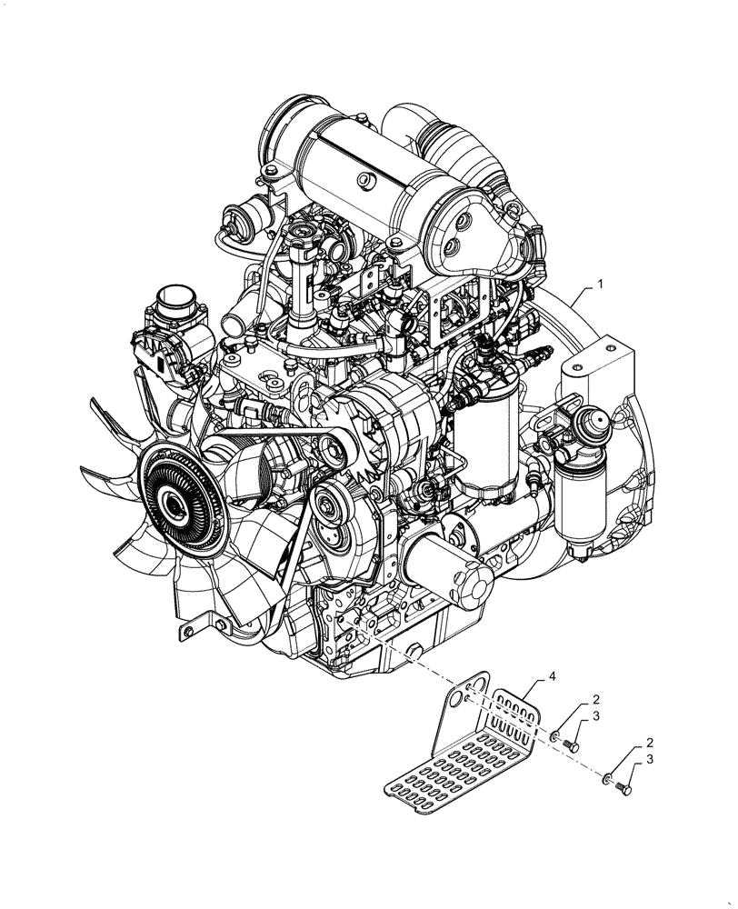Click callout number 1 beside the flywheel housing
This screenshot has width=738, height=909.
click(600, 285)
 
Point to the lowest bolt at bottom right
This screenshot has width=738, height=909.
click(623, 787)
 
